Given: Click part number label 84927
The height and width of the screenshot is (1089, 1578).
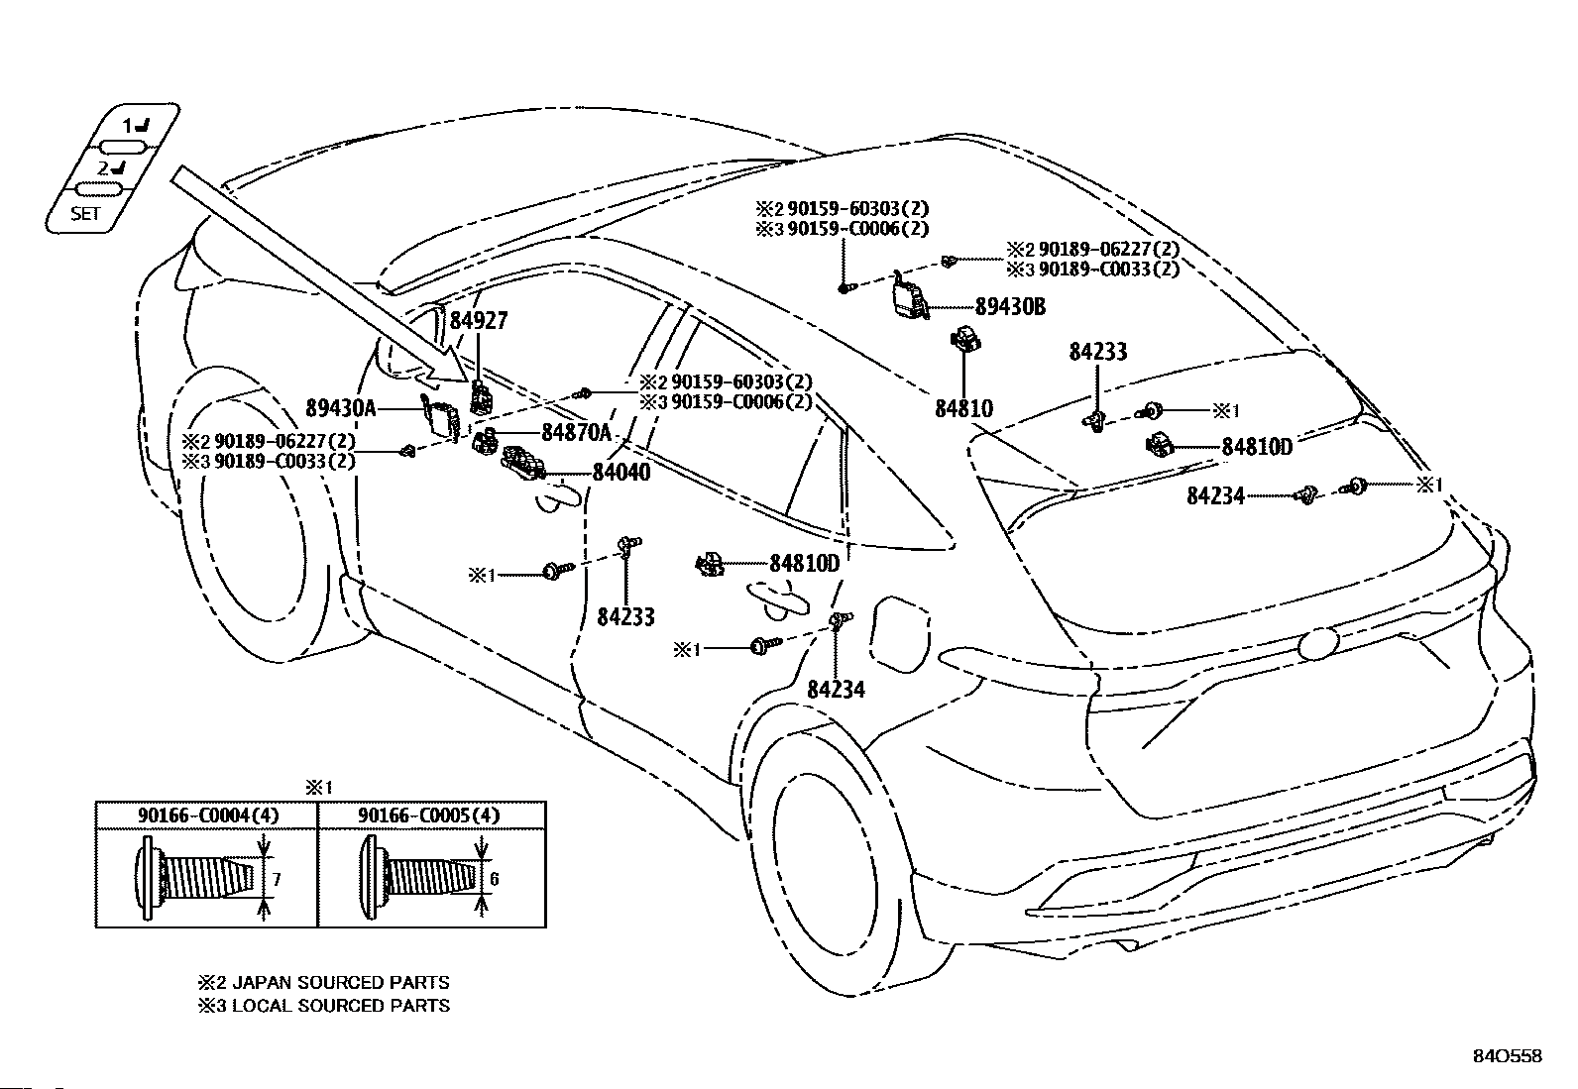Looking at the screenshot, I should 479,320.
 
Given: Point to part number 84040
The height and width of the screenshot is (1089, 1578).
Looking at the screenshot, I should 621,473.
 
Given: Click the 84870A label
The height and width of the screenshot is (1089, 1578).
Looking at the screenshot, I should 577,433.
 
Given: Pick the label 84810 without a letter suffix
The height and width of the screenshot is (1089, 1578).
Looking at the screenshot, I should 962,407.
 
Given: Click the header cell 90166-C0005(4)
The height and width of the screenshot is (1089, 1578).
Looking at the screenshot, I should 431,816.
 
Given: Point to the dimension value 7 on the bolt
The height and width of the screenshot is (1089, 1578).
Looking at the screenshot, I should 278,878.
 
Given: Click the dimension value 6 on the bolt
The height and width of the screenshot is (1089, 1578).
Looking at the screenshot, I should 495,878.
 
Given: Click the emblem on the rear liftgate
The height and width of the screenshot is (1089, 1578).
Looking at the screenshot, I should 1323,644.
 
